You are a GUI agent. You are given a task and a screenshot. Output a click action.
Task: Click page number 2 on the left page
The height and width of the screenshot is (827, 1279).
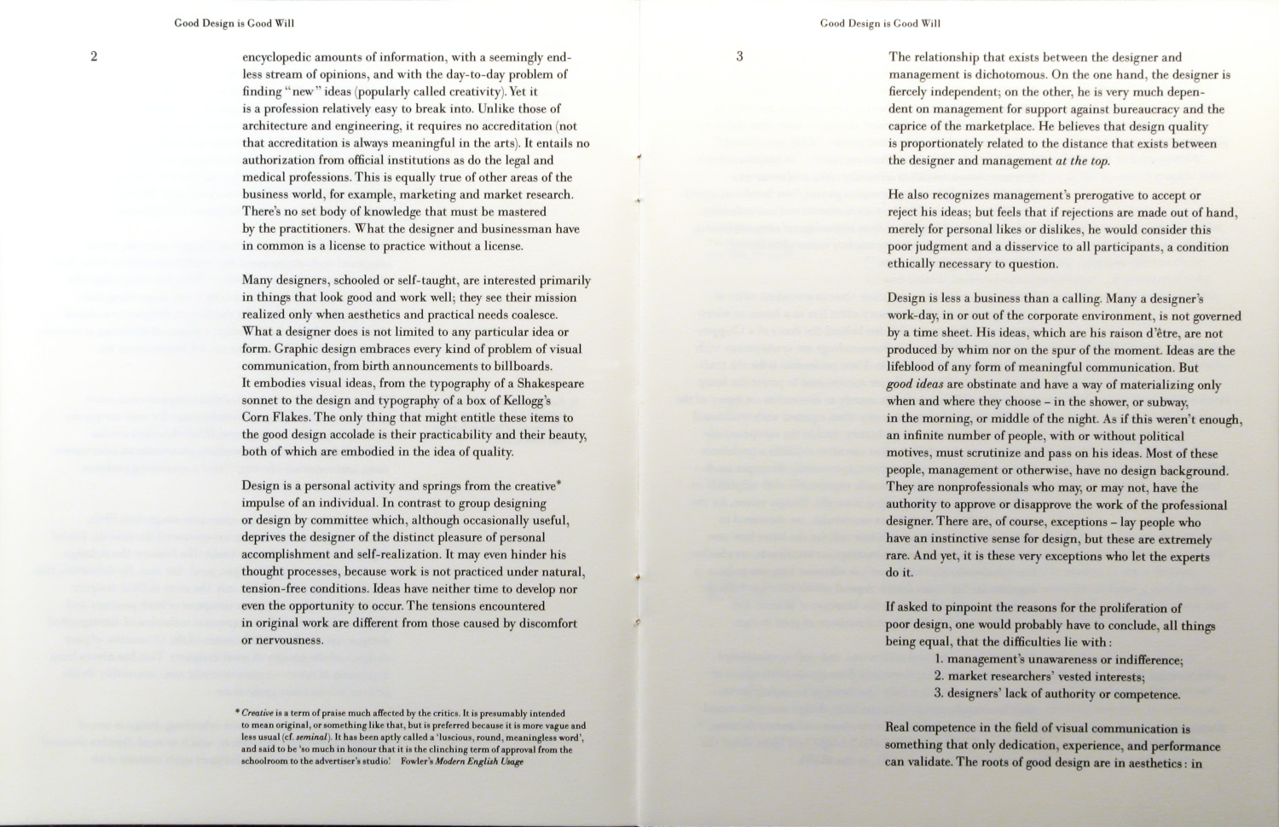pos(94,57)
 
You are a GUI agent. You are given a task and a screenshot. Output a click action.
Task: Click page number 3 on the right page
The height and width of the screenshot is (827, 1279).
pos(739,57)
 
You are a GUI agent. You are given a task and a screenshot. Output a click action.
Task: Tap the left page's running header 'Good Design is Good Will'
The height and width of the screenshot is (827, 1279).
pos(234,23)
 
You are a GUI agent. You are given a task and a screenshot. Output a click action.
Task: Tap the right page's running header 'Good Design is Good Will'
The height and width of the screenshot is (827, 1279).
pos(880,23)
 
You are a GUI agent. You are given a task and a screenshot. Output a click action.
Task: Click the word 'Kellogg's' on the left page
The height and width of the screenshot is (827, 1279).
pos(524,401)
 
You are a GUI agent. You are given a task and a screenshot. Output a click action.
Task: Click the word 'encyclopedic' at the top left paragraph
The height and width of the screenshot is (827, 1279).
pos(277,58)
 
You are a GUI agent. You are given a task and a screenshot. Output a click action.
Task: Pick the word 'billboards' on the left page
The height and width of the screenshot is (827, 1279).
pos(523,367)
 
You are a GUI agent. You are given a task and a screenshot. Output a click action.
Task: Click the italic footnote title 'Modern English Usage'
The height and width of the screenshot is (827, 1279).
pos(479,762)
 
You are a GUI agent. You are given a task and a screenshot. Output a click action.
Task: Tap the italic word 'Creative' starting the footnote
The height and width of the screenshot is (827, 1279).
pos(256,714)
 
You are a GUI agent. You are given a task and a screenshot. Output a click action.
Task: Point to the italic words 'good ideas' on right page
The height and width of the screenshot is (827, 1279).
pos(915,385)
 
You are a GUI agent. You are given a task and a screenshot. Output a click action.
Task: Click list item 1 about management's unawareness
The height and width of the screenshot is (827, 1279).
pos(1058,660)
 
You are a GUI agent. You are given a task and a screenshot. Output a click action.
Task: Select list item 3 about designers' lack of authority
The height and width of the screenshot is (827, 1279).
pos(1057,694)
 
